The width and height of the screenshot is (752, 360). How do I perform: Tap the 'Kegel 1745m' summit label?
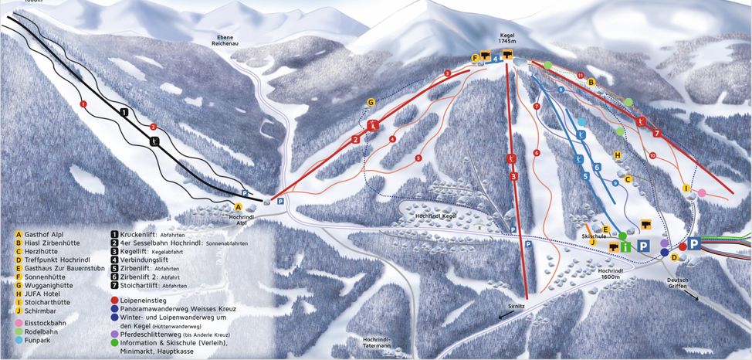click(x=507, y=39)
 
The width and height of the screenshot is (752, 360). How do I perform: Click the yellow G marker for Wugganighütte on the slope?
click(x=371, y=102)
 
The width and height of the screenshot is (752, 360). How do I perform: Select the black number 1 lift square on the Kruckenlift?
click(x=124, y=112)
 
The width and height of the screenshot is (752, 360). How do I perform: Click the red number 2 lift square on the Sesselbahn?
click(x=356, y=140)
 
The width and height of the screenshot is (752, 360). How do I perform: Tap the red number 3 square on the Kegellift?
click(x=514, y=176)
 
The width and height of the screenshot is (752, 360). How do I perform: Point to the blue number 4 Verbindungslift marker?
click(x=495, y=57)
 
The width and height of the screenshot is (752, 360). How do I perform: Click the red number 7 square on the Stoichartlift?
click(x=657, y=133)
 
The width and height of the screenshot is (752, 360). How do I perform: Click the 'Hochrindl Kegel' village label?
click(x=432, y=217)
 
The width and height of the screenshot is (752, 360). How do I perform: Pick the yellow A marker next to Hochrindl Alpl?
click(x=239, y=207)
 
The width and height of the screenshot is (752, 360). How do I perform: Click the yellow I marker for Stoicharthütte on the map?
click(x=686, y=188)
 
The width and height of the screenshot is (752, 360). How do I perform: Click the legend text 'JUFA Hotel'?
click(x=44, y=294)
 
